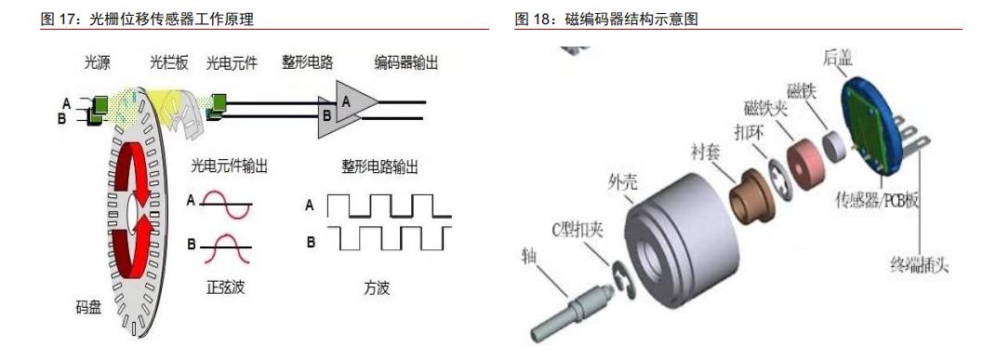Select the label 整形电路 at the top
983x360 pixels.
click(308, 63)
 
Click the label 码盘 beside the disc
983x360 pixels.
click(89, 308)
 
